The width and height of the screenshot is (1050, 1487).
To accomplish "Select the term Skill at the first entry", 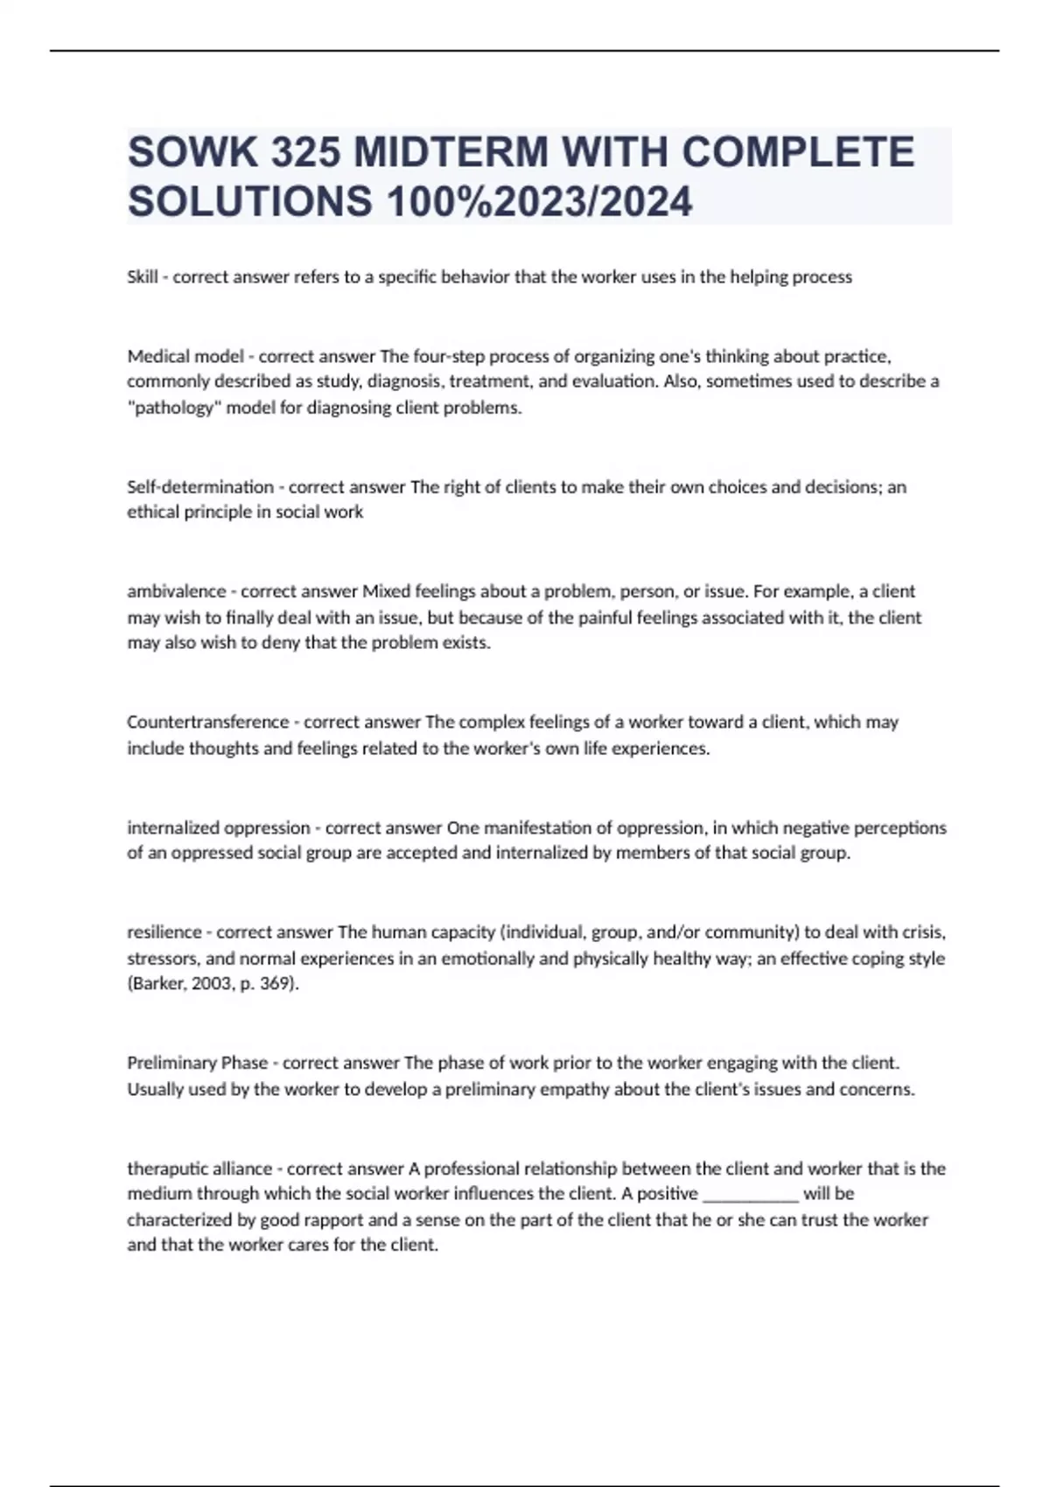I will pyautogui.click(x=143, y=277).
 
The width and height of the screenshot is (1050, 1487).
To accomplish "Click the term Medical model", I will pyautogui.click(x=185, y=356).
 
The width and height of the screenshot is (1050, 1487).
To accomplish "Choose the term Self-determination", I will pyautogui.click(x=200, y=487).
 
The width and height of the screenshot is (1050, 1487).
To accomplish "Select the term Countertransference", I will pyautogui.click(x=207, y=723).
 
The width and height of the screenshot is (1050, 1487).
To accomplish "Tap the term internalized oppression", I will pyautogui.click(x=219, y=827).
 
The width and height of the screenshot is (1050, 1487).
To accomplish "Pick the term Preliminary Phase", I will pyautogui.click(x=198, y=1063).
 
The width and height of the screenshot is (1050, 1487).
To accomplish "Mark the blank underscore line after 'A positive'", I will pyautogui.click(x=751, y=1195).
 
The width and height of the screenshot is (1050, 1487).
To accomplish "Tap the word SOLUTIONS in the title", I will pyautogui.click(x=249, y=202).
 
